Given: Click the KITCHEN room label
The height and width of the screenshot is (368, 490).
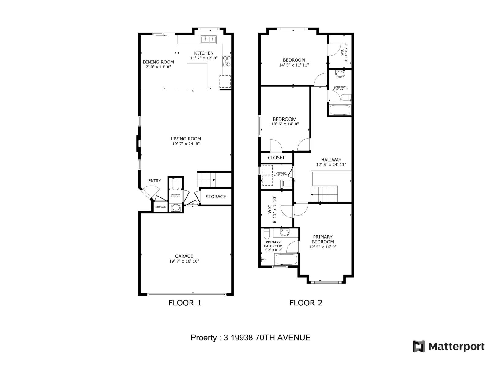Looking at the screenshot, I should click(204, 53).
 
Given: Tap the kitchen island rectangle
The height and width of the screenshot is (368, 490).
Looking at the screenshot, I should click(197, 76).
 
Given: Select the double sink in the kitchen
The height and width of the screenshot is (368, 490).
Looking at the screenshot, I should click(209, 39).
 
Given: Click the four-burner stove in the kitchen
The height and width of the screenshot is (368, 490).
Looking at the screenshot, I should click(227, 61).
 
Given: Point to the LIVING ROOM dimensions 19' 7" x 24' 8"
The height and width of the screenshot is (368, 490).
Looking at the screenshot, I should click(186, 144).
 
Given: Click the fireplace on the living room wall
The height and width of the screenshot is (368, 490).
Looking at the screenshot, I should click(138, 144).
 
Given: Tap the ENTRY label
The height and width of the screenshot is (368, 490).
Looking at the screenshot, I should click(154, 181).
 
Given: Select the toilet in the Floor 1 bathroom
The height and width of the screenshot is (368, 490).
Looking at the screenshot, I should click(175, 185).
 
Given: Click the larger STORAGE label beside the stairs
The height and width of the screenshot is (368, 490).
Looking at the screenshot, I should click(216, 197).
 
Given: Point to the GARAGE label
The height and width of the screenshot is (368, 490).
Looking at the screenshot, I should click(184, 256).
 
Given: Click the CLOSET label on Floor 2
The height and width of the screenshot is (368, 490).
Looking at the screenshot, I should click(276, 158).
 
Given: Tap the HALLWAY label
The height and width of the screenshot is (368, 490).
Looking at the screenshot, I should click(331, 160).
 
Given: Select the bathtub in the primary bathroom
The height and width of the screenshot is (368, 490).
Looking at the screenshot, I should click(286, 259).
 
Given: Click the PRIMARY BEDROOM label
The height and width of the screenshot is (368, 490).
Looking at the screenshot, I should click(322, 239).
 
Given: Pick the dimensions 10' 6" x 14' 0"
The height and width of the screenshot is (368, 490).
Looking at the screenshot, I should click(285, 124).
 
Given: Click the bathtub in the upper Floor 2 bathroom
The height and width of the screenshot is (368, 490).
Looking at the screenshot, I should click(340, 110).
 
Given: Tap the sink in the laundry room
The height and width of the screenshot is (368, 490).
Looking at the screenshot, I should click(287, 184).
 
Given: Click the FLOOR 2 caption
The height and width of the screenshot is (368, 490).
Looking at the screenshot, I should click(306, 303).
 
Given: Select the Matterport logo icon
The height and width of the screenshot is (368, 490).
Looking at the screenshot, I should click(419, 347).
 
